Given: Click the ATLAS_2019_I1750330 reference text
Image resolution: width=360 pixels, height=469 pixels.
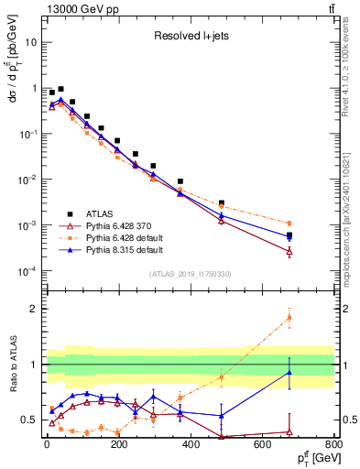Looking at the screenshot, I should coord(190,274).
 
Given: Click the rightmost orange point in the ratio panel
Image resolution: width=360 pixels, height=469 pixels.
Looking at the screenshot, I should coord(289,318).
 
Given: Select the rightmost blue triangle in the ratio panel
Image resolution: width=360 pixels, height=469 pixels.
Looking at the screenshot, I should coord(289,372).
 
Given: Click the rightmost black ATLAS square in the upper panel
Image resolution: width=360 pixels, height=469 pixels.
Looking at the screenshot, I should coord(289,235).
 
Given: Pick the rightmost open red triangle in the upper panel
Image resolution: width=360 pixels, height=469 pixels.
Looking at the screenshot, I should coord(289,251).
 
